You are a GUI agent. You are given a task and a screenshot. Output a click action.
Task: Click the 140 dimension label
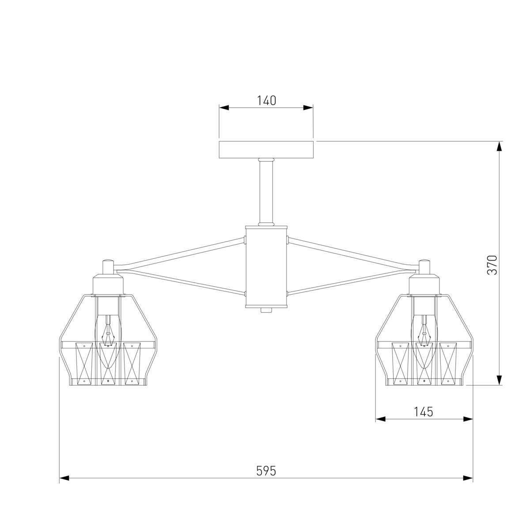tap(266, 101)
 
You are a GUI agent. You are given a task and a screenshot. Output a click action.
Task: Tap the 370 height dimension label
tap(492, 265)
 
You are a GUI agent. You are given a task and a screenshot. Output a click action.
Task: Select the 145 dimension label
tap(423, 412)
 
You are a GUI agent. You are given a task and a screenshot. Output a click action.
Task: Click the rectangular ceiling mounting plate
tap(266, 150)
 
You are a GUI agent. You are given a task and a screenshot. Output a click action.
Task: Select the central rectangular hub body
tap(266, 266)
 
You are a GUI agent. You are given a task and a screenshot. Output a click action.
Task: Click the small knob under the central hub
tap(266, 310)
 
